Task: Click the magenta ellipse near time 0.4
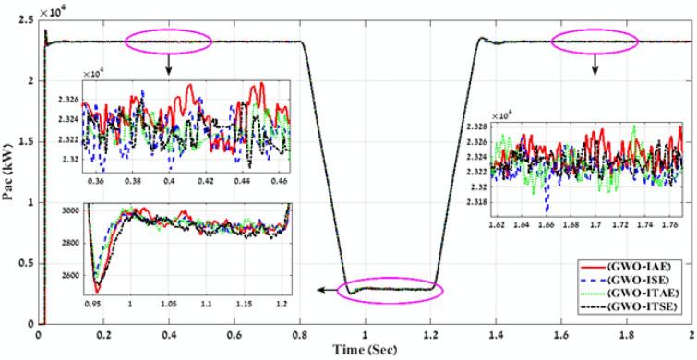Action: pos(169,40)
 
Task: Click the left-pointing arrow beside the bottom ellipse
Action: pos(323,290)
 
